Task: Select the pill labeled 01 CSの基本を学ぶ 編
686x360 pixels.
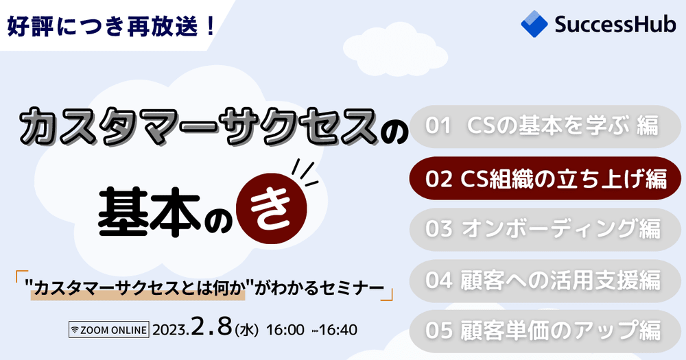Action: [545, 126]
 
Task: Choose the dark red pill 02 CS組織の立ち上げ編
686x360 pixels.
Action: [545, 180]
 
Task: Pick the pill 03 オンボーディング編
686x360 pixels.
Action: [545, 228]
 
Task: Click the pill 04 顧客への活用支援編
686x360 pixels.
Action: [545, 280]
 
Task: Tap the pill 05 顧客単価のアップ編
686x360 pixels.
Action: [545, 331]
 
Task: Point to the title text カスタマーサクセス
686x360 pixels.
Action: [199, 128]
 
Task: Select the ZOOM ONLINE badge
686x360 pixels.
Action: [109, 330]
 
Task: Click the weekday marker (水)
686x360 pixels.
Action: [246, 331]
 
